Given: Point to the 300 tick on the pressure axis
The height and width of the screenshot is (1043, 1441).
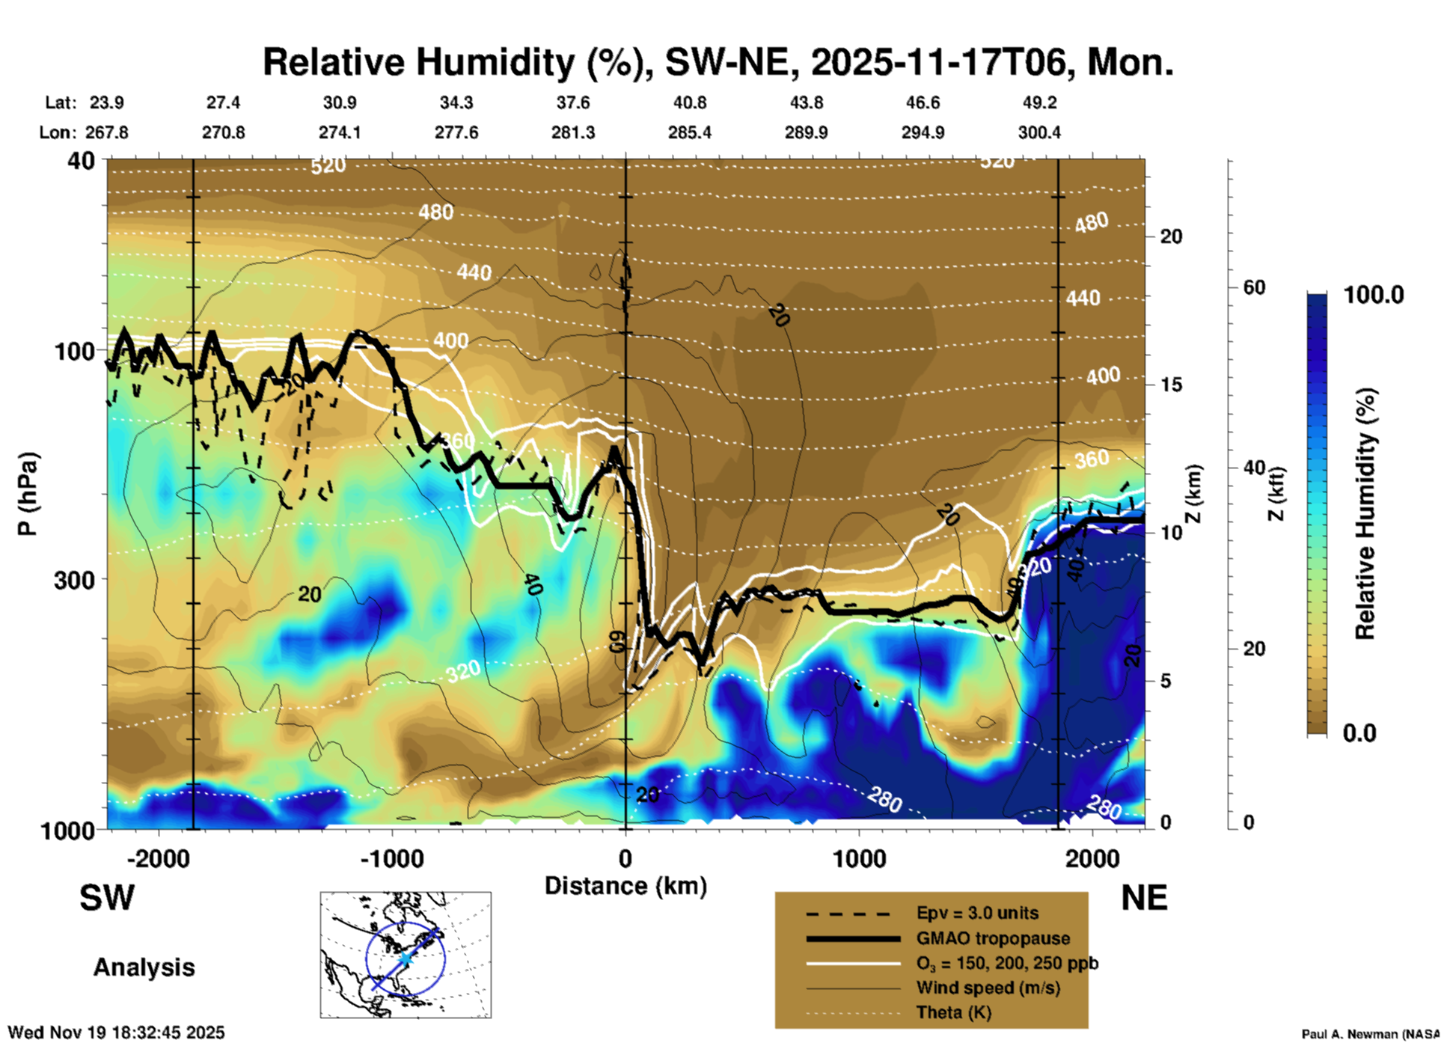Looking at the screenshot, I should [74, 580].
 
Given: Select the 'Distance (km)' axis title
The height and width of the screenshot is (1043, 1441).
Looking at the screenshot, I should [625, 886].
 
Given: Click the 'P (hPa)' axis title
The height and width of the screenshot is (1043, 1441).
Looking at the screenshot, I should [28, 494].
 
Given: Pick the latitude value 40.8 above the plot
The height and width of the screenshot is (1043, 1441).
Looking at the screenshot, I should [689, 103].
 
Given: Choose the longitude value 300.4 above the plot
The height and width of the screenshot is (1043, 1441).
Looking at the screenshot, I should [1038, 132].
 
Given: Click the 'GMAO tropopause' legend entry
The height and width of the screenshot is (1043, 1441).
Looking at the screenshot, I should [993, 938].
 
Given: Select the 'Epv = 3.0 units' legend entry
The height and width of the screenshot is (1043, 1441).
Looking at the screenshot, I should [977, 913].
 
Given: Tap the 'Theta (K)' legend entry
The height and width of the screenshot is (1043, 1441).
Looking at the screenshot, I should [953, 1012].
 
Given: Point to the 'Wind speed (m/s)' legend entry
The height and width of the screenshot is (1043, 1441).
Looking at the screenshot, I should [988, 988].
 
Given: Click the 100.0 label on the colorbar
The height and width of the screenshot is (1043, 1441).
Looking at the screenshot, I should [1374, 295].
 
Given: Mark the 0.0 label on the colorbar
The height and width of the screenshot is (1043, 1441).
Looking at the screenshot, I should [1359, 732].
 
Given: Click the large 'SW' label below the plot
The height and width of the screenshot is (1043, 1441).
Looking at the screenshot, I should [107, 898].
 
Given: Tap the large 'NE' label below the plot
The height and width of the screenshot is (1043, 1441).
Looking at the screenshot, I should [1144, 898].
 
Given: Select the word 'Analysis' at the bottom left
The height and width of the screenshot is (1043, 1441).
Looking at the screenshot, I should [144, 967].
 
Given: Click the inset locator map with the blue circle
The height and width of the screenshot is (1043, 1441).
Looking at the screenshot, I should [406, 954].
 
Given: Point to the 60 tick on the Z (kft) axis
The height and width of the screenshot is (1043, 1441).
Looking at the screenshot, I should [1254, 287].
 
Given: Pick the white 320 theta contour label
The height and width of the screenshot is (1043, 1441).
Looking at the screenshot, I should [463, 671].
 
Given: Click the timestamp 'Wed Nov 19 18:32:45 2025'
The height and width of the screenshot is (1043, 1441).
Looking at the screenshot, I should [116, 1033].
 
